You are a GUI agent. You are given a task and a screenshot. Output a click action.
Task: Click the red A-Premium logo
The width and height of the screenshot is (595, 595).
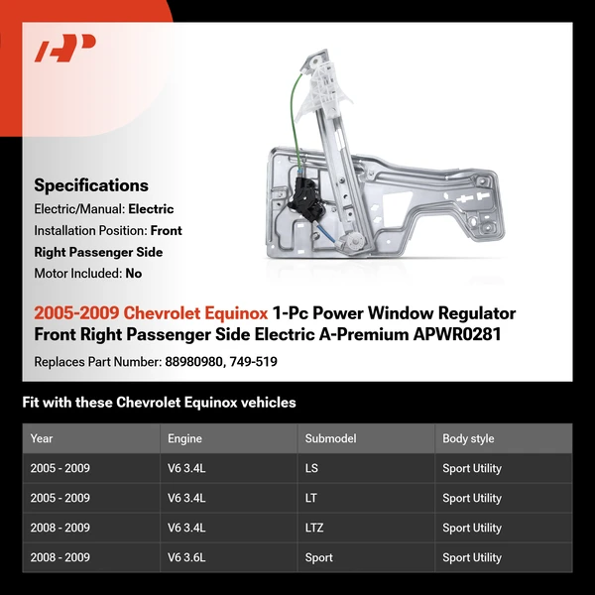(x=65, y=49)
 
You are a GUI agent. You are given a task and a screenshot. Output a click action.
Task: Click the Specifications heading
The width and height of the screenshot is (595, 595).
(x=91, y=185)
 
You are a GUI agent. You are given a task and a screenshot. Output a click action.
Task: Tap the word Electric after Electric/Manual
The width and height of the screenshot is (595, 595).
(x=151, y=209)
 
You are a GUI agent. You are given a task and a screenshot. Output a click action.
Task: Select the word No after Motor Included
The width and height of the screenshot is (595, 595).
(x=134, y=273)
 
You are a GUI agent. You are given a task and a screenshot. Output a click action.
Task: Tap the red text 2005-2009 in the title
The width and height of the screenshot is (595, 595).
(x=76, y=313)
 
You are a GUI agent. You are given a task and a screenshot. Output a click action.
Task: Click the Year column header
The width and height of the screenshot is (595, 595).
(x=42, y=438)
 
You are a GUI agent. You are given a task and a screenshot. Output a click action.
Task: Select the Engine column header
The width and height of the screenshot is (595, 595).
(x=185, y=438)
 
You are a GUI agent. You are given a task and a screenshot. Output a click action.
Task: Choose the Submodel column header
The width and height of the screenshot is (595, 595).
(x=330, y=438)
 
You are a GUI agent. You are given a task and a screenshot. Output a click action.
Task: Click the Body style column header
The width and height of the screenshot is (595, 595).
(x=468, y=438)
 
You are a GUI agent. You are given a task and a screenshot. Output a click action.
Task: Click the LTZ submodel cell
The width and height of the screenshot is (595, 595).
(x=316, y=528)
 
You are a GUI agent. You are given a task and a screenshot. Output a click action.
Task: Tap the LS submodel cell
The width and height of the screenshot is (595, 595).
(x=312, y=468)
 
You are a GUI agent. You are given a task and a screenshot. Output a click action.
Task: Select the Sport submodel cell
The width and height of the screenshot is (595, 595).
(x=319, y=557)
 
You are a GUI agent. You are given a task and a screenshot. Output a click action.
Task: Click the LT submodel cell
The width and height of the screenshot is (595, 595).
(x=311, y=498)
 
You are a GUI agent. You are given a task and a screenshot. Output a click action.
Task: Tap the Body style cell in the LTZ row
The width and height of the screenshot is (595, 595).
(x=472, y=528)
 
